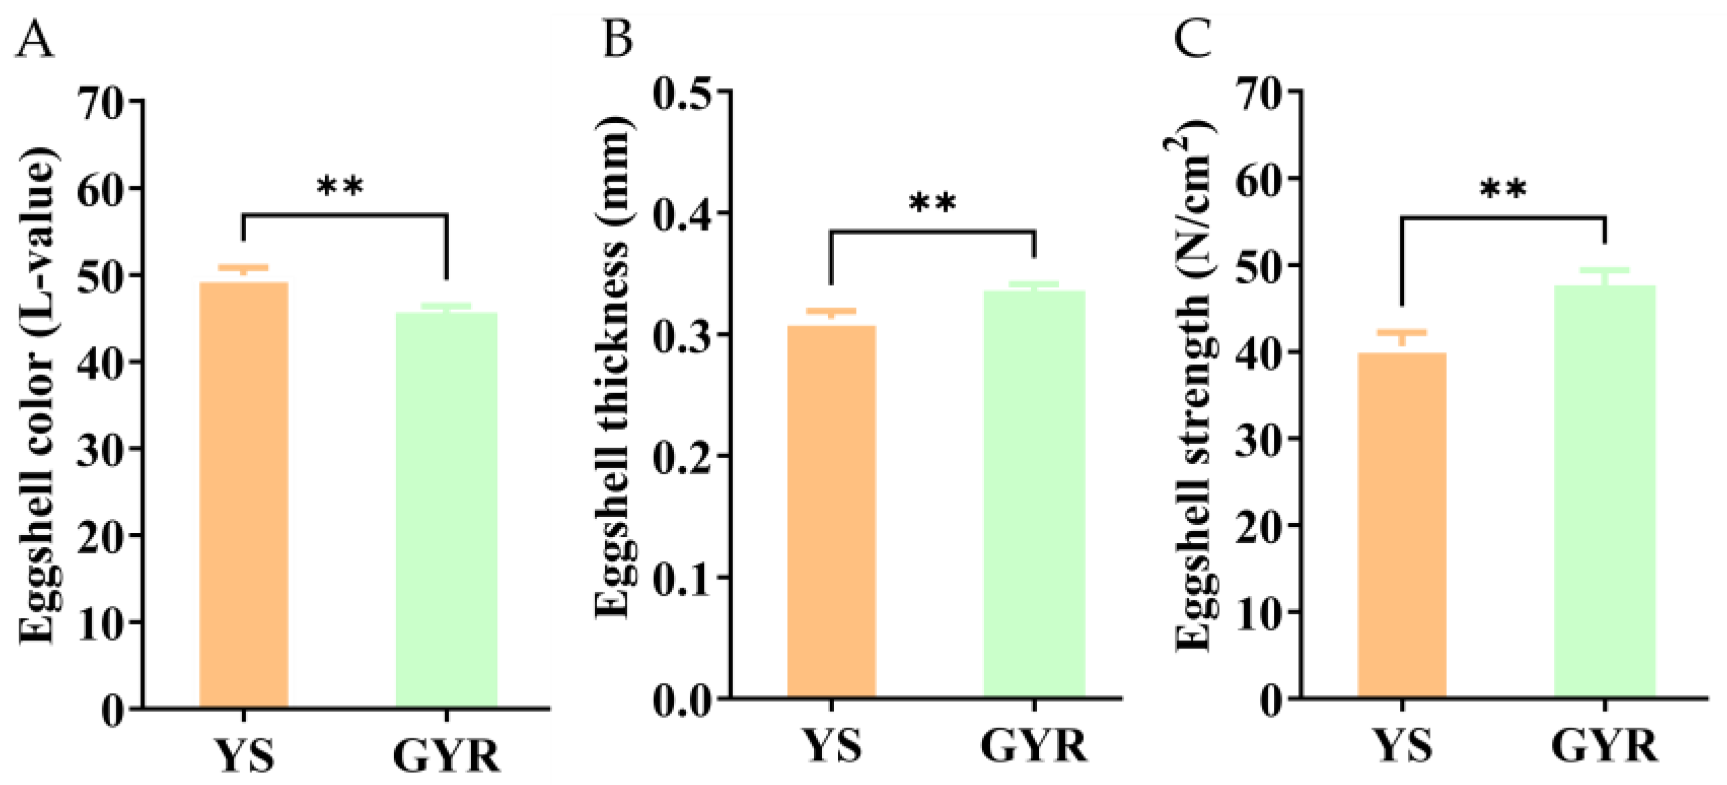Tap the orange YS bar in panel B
click(x=831, y=511)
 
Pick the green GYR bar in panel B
click(x=1034, y=494)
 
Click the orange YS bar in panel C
click(x=1402, y=525)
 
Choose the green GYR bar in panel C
click(x=1605, y=491)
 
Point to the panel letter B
click(x=616, y=39)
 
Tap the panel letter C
click(x=1192, y=39)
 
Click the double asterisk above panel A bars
click(x=340, y=186)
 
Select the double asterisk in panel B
click(x=932, y=203)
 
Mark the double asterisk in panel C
click(x=1503, y=190)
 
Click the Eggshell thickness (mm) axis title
click(x=612, y=368)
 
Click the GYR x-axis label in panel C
click(x=1604, y=747)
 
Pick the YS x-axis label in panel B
click(x=831, y=747)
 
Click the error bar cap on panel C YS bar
click(x=1402, y=332)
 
